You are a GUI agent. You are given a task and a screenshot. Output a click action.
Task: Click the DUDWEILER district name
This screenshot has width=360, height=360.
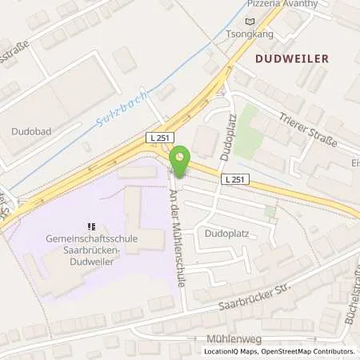pyautogui.click(x=291, y=58)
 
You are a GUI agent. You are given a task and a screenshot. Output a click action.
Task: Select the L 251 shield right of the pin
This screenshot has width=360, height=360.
pyautogui.click(x=234, y=178)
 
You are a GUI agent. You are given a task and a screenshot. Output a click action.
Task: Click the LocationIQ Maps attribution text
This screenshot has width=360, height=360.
pyautogui.click(x=231, y=351)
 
